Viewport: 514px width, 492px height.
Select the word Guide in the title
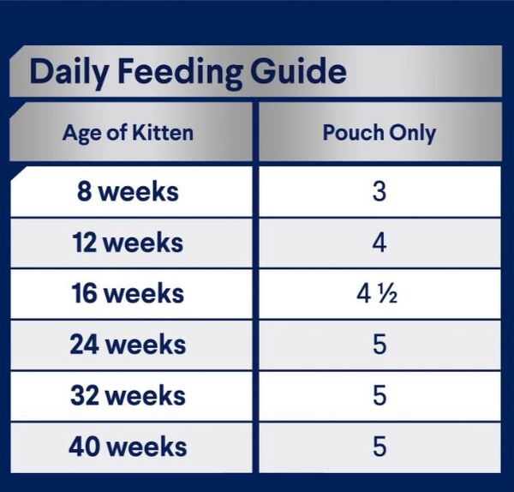pos(298,70)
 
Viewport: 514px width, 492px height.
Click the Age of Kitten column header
pos(128,134)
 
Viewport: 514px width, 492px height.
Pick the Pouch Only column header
pos(380,134)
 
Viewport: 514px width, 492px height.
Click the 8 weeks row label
pos(128,191)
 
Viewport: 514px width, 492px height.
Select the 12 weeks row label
pos(128,243)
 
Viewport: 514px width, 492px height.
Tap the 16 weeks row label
pos(128,293)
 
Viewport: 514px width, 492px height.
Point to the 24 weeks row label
pos(128,345)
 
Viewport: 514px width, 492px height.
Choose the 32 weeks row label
pos(128,395)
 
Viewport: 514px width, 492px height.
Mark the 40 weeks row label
pos(128,447)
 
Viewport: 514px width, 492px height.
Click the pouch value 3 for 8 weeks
pos(380,191)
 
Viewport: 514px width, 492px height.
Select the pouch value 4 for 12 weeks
pos(380,243)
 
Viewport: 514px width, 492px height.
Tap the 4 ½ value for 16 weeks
pos(377,294)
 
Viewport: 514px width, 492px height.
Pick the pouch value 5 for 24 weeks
pos(380,345)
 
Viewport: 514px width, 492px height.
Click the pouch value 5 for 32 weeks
pos(380,396)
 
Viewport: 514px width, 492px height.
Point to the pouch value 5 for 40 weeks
pos(380,447)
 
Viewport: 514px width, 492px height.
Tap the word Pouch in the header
pos(353,133)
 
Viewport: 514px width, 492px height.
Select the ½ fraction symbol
pos(387,294)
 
